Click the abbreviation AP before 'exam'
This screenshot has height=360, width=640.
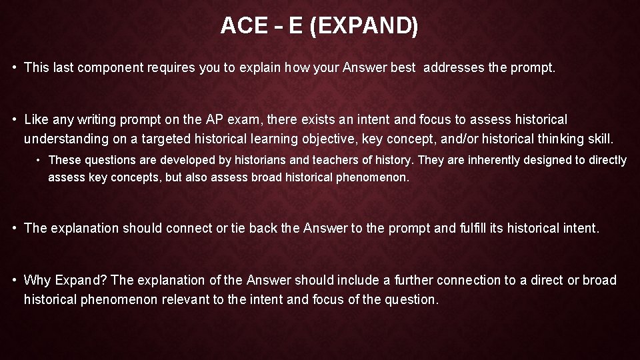(213, 120)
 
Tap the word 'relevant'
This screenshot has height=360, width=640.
(191, 299)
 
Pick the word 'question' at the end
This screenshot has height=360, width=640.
(411, 299)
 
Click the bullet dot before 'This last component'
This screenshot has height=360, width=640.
(14, 67)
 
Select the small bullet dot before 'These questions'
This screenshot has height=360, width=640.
(39, 160)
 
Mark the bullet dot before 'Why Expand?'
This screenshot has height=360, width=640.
(14, 281)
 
